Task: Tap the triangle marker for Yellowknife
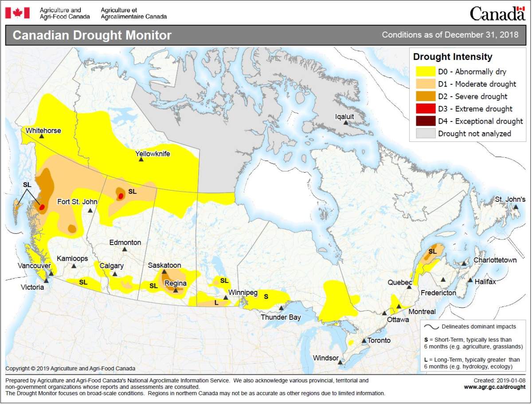click(141, 160)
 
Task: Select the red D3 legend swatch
click(425, 109)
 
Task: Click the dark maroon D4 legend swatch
click(425, 121)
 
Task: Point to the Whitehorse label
click(43, 130)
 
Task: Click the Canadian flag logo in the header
click(17, 13)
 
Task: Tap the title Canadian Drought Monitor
click(92, 35)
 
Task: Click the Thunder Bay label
click(281, 317)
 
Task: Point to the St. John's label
click(510, 200)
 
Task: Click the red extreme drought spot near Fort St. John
click(120, 196)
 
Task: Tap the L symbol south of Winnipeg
click(216, 302)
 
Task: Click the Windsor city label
click(326, 358)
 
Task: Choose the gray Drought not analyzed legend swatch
click(425, 133)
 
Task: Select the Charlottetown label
click(495, 260)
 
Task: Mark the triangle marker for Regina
click(176, 290)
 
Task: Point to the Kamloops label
click(72, 259)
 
